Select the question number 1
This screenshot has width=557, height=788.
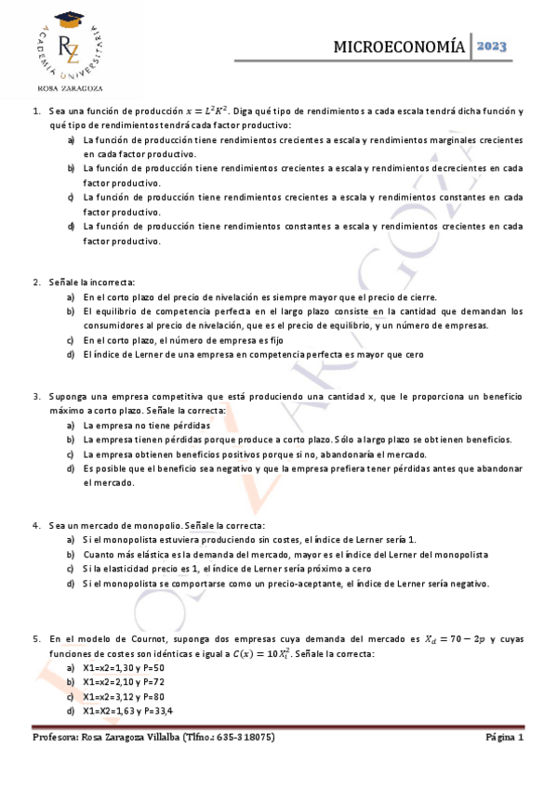(x=34, y=111)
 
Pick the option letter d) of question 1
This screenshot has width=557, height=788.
(x=72, y=226)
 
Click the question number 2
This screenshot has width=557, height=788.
(x=35, y=282)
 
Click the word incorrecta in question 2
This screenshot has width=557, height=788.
(x=114, y=282)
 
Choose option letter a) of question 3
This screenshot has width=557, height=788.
(x=72, y=425)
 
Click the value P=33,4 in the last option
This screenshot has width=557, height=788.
(x=156, y=711)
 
